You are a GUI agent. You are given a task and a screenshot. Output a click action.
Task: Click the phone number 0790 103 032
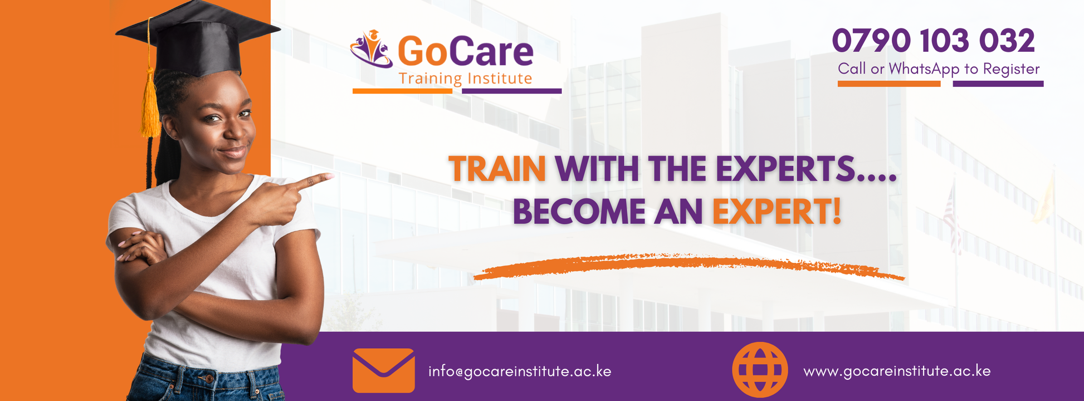point(933,41)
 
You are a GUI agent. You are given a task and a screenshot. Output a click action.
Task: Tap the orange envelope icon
point(383,370)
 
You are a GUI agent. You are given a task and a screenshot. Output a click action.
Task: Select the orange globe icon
point(760,369)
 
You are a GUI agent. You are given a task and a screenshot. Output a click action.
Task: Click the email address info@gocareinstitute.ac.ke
point(519,371)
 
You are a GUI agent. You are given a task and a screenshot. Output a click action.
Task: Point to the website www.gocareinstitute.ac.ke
point(897,371)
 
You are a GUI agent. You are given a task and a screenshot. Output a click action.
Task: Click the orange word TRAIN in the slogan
point(497,169)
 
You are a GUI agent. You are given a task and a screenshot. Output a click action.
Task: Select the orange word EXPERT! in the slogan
point(777,212)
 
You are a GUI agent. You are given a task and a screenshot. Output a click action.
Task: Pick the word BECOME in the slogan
point(578,212)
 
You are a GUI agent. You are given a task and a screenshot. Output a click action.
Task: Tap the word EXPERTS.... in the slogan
point(805,169)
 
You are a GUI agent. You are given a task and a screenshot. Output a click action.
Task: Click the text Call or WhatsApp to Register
point(939,69)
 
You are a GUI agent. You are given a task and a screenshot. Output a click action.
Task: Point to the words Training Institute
point(465,79)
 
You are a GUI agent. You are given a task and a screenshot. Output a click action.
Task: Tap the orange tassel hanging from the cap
point(149,106)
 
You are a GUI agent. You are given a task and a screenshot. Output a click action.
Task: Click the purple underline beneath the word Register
point(998,84)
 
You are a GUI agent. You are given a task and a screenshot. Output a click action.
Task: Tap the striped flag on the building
point(951,217)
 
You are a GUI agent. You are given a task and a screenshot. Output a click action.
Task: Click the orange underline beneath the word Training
point(402,91)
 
